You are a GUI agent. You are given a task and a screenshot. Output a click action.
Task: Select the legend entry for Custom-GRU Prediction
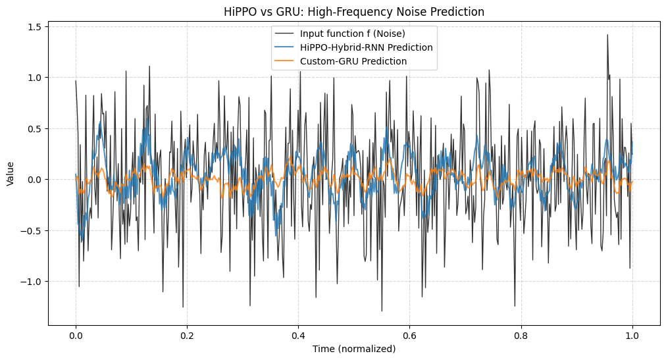point(353,61)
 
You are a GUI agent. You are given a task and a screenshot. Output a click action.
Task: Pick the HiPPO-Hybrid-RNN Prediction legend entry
point(366,47)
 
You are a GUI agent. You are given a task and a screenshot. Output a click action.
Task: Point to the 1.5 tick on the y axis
point(34,26)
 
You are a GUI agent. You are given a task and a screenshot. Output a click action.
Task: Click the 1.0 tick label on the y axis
point(34,78)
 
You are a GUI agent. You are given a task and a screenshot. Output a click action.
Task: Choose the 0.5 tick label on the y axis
point(34,128)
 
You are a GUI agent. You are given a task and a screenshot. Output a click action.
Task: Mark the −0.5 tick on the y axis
point(32,230)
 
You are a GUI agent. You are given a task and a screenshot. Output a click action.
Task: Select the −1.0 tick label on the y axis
point(32,282)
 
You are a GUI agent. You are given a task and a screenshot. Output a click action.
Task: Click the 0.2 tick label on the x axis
point(187,335)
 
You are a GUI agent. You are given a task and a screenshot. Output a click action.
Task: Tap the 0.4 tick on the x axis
point(298,335)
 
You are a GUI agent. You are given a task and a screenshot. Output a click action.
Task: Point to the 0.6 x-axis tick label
point(410,335)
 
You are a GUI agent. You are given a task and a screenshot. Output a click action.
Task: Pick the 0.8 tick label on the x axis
point(521,335)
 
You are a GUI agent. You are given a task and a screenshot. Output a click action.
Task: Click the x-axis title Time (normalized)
point(354,349)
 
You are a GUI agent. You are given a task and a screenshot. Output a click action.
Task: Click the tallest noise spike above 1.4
point(607,36)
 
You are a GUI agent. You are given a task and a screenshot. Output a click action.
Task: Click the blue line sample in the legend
point(285,47)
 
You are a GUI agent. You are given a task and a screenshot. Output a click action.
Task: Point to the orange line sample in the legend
point(285,61)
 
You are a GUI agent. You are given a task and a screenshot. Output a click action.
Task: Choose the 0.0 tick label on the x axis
point(76,335)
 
